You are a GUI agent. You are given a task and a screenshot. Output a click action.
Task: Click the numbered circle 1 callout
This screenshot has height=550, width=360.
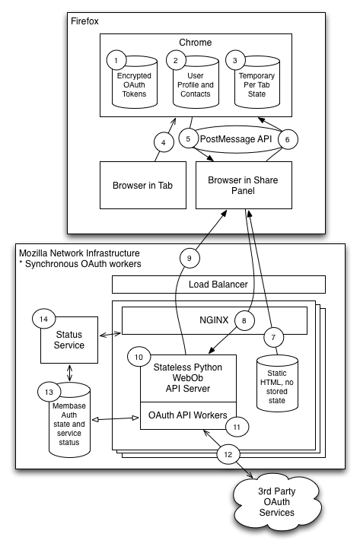(x=116, y=60)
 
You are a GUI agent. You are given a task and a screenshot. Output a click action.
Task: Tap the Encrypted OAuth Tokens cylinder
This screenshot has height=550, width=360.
(x=135, y=84)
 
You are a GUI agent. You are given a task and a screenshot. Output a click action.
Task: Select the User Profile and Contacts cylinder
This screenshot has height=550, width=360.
(x=196, y=84)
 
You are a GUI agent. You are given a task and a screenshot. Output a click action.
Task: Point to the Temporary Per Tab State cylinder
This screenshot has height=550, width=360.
(x=256, y=84)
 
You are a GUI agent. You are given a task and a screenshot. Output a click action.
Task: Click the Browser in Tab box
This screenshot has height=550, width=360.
(x=143, y=185)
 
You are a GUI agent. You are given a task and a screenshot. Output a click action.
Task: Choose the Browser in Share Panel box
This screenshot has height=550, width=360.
(x=244, y=185)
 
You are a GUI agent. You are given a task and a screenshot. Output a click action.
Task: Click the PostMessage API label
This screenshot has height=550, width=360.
(x=236, y=139)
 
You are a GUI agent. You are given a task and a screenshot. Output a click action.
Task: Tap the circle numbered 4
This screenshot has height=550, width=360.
(x=164, y=143)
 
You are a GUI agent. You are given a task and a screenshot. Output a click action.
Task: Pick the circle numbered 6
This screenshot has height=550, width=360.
(x=288, y=140)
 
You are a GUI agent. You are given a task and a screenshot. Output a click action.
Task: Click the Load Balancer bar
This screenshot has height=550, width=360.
(x=218, y=285)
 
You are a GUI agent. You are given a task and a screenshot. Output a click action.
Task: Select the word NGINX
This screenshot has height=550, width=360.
(x=214, y=320)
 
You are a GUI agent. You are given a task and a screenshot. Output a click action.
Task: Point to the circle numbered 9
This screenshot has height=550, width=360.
(x=190, y=258)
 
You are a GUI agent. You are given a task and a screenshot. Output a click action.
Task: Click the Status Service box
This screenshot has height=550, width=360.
(x=69, y=340)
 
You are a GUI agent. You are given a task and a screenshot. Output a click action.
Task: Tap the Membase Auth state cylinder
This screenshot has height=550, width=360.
(x=69, y=420)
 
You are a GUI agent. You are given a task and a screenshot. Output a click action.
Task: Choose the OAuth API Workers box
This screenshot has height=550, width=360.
(x=188, y=415)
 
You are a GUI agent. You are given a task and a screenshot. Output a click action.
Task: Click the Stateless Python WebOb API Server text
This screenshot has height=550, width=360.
(x=188, y=378)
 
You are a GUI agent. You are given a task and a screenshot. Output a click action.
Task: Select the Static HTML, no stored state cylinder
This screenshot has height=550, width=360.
(x=277, y=383)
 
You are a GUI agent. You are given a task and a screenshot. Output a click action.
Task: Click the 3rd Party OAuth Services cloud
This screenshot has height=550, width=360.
(x=277, y=502)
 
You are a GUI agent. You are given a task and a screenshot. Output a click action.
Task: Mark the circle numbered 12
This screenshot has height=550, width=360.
(x=228, y=455)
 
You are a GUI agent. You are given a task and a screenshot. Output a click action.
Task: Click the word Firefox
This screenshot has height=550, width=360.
(x=84, y=21)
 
